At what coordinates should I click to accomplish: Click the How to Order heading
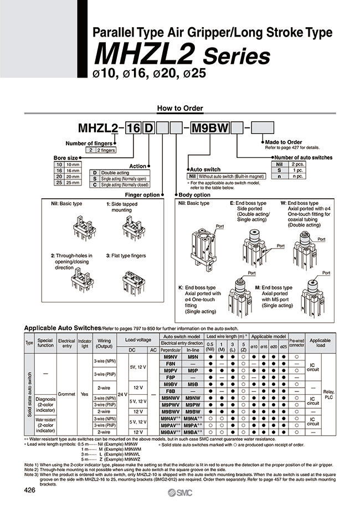[x=180, y=108]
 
